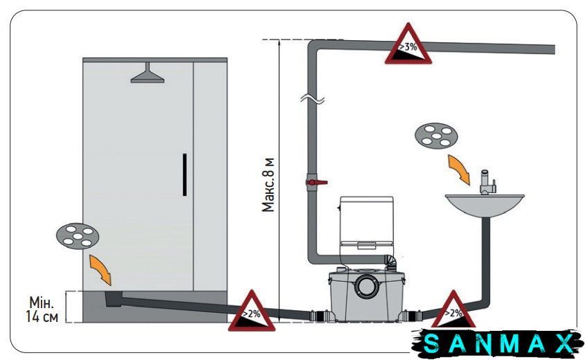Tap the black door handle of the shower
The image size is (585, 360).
(x=185, y=174)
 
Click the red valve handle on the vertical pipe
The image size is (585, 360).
(x=317, y=183)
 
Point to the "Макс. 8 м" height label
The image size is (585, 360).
(x=268, y=185)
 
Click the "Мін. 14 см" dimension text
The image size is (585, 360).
(x=42, y=309)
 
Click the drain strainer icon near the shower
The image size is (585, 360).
(x=78, y=236)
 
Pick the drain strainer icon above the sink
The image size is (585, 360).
(x=436, y=136)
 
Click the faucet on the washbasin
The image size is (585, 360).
(x=487, y=182)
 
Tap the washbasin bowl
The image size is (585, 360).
(x=485, y=206)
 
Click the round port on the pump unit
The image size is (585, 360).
(x=366, y=286)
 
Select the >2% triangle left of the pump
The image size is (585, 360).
(x=252, y=311)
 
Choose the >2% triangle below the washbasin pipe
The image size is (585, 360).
(x=453, y=309)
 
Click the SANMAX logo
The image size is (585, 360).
(x=498, y=343)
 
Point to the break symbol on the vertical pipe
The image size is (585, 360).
(x=312, y=99)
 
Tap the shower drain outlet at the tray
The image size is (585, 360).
(x=114, y=299)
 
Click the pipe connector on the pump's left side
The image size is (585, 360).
(x=319, y=316)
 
